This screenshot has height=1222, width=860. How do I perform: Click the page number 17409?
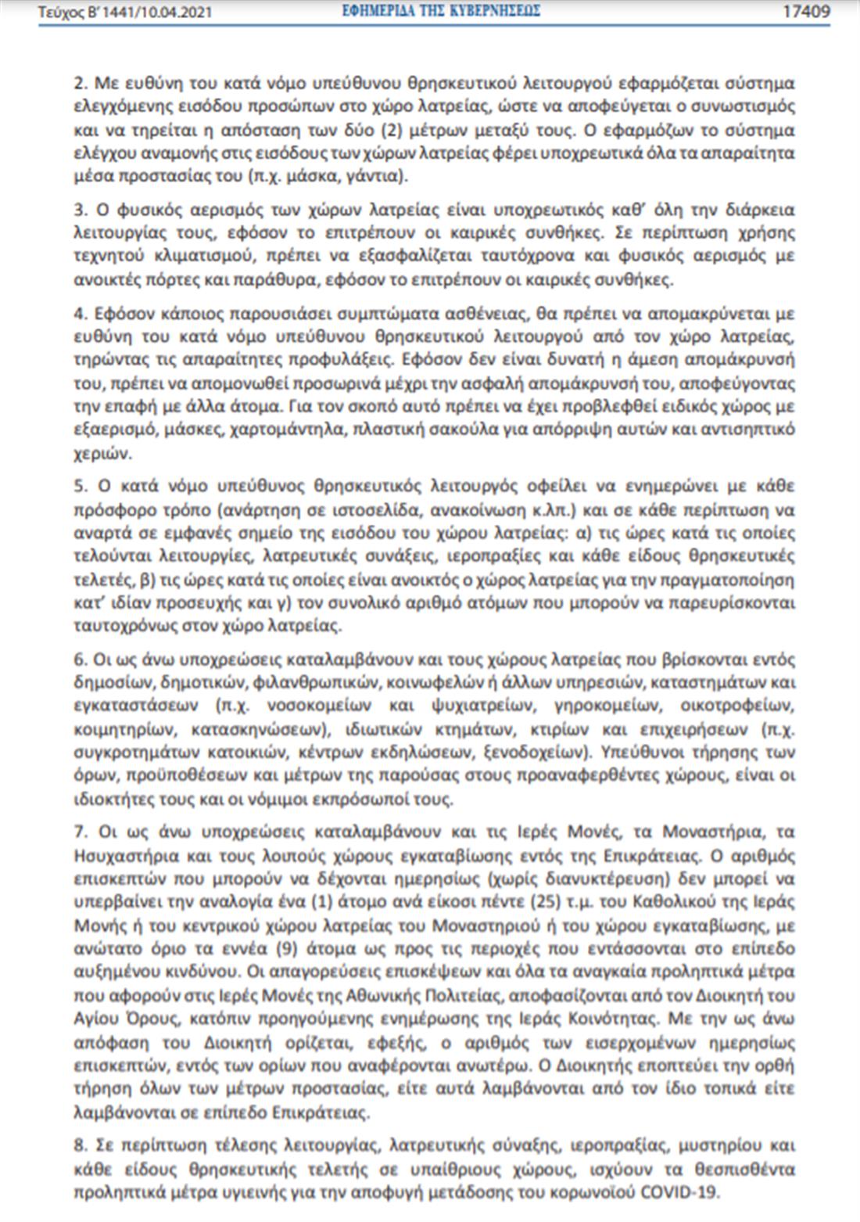[806, 12]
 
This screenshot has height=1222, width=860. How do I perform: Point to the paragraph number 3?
[79, 210]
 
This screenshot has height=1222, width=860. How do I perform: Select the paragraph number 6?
[79, 660]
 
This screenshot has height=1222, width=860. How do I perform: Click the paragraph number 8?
[79, 1145]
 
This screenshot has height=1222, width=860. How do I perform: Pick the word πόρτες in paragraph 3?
[176, 280]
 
